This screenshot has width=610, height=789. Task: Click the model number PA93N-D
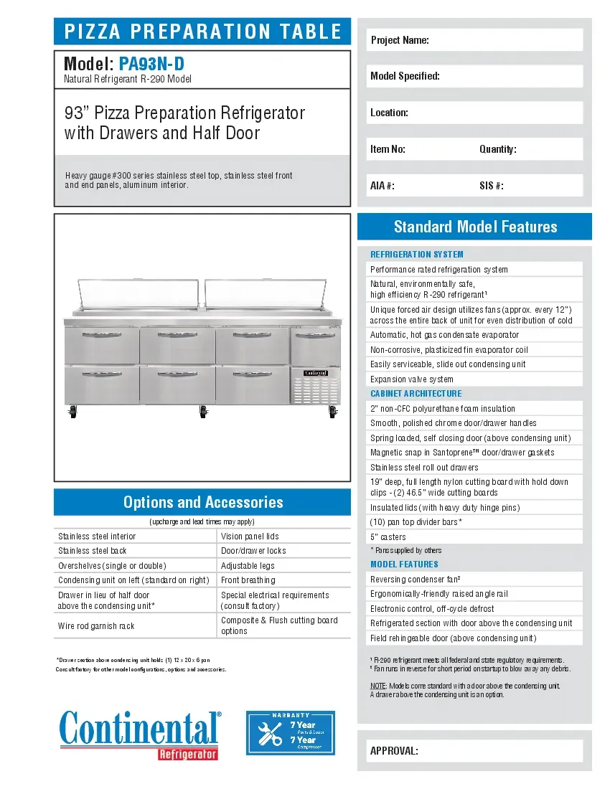156,64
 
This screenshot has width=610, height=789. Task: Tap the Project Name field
474,40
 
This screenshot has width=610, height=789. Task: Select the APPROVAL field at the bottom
474,751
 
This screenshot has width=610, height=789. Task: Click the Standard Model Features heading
475,227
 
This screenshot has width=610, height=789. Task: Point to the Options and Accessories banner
202,502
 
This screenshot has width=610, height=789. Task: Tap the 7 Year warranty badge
291,733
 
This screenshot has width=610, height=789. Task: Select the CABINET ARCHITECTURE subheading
416,394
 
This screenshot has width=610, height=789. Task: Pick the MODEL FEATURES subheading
404,564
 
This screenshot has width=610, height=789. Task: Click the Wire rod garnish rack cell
135,626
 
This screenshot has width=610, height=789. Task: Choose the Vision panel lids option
284,537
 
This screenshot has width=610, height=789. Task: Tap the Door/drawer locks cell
284,551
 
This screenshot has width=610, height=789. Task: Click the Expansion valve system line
412,379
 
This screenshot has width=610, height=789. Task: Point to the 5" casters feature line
388,537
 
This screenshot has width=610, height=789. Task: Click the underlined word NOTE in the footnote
378,686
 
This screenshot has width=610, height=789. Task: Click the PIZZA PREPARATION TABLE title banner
202,32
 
